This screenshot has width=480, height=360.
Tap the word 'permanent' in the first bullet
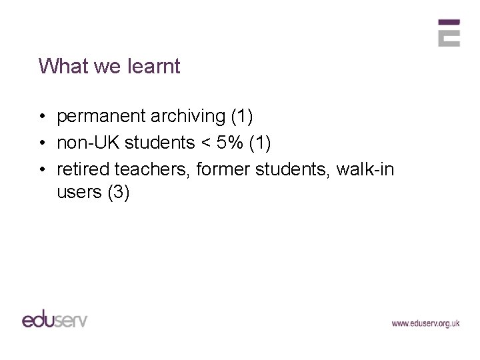coord(101,117)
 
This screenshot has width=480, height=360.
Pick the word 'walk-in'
coord(365,169)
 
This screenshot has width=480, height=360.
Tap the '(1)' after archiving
coord(241,117)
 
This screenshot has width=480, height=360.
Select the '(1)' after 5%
coord(259,143)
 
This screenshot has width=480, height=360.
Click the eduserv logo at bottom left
coord(55,318)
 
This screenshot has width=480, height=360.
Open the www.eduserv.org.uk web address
coord(425,323)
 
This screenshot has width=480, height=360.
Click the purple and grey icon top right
coord(449,33)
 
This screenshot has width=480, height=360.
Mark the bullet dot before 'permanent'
coord(42,117)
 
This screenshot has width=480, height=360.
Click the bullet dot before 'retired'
coord(42,170)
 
